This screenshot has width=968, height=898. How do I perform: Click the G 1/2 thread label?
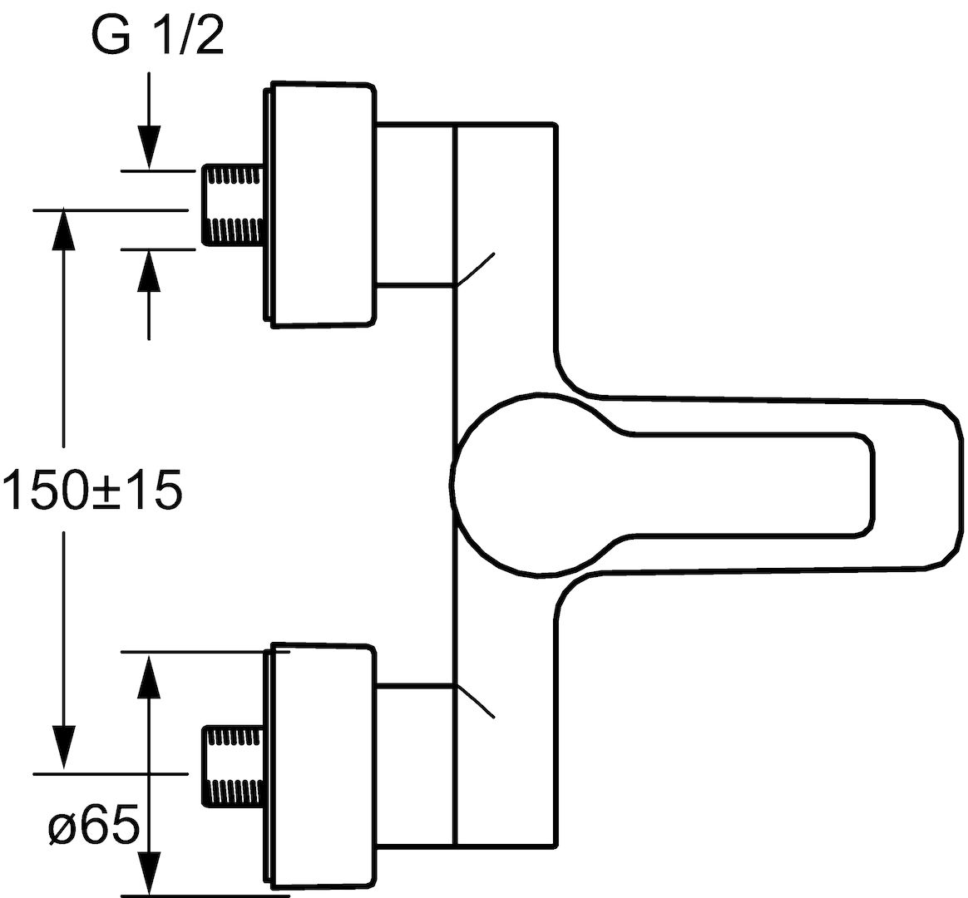pos(157,37)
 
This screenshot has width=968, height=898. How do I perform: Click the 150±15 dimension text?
pos(92,489)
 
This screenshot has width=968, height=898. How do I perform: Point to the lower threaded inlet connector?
pos(234,765)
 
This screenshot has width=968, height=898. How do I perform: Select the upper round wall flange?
pos(321,204)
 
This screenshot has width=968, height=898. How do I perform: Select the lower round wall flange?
pos(321,768)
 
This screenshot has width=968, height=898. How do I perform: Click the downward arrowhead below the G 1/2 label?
pos(149,147)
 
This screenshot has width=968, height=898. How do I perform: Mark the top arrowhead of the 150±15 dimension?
pos(63,230)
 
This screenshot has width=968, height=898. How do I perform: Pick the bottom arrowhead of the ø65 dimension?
pos(149,873)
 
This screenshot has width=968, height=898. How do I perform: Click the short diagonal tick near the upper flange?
pos(475,269)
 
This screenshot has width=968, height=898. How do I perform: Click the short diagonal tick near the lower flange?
pos(475,702)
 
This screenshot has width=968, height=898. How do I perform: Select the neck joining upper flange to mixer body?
pos(415,205)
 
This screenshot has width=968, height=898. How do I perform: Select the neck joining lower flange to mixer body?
pos(415,764)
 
